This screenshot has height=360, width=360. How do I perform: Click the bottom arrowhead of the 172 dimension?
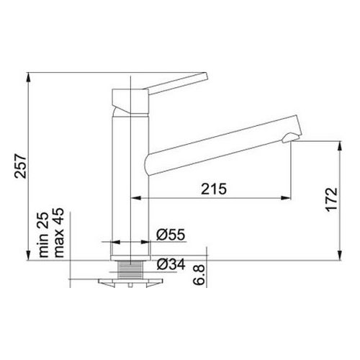click(338, 253)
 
